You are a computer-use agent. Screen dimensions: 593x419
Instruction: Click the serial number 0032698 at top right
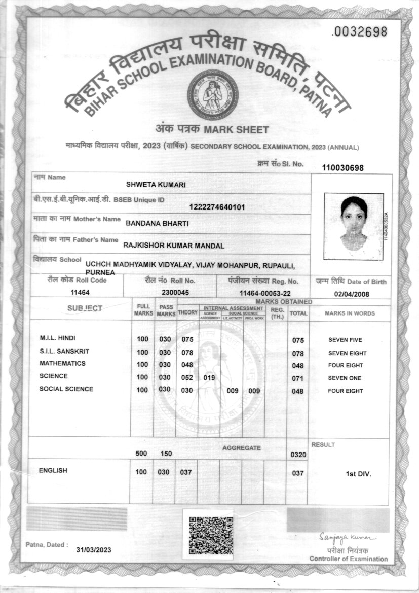tap(359, 32)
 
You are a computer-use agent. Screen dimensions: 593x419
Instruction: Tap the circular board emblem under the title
tap(213, 95)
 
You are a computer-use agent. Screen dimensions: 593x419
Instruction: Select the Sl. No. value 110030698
tap(343, 168)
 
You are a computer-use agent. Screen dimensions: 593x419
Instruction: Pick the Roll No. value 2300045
tap(175, 293)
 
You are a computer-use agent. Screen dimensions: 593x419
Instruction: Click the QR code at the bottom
tap(211, 535)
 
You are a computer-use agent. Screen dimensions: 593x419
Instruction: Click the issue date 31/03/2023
tap(94, 550)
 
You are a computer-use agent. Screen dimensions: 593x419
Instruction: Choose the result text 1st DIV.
tap(359, 474)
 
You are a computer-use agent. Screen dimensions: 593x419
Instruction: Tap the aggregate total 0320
tap(298, 455)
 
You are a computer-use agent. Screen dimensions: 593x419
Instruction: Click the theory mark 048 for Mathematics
tap(187, 365)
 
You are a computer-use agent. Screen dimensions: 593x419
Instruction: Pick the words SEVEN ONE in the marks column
tap(345, 378)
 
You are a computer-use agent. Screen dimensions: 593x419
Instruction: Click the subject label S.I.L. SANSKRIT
tap(61, 351)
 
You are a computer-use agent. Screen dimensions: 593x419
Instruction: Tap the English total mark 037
tap(298, 473)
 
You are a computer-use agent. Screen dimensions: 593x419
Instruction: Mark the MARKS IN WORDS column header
tap(350, 313)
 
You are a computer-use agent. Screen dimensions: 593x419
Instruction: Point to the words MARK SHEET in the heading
tap(238, 130)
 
